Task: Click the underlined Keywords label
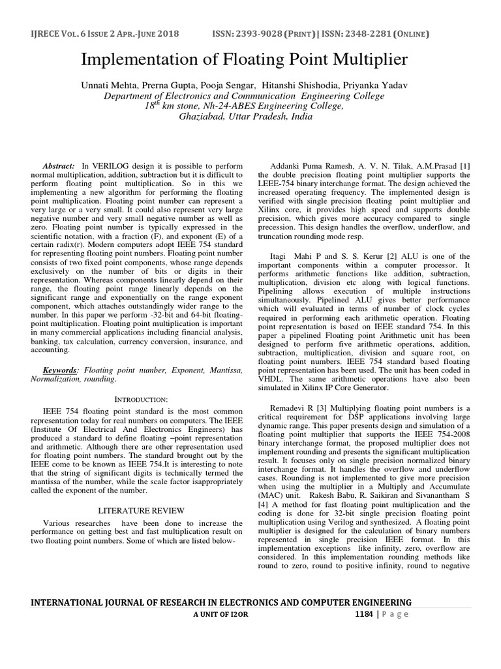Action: click(x=60, y=369)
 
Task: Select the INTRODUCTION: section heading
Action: click(x=142, y=399)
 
